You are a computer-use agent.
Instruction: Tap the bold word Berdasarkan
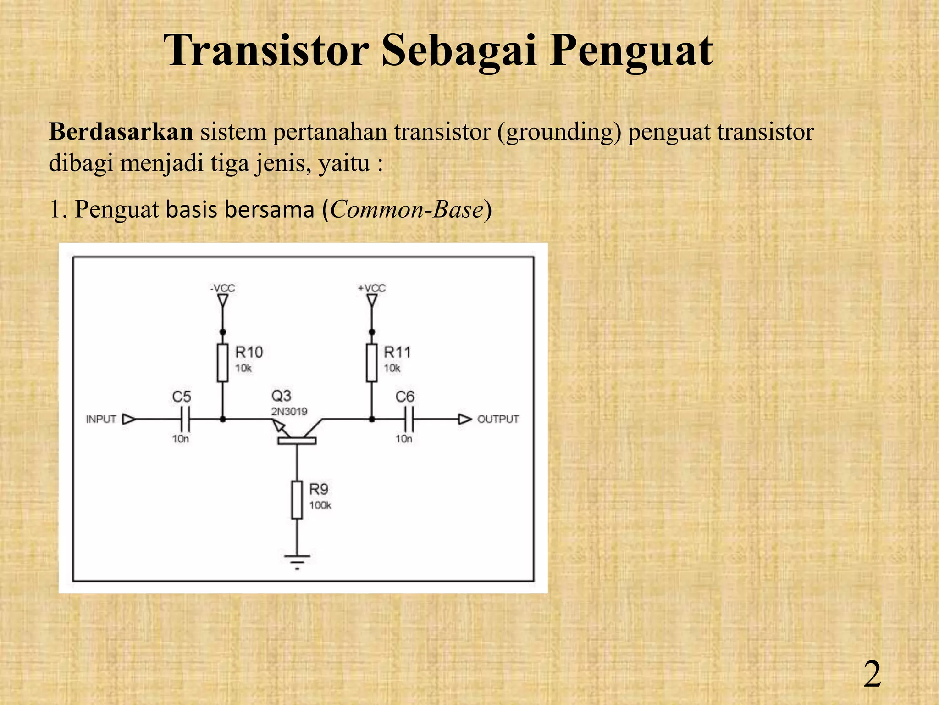pyautogui.click(x=121, y=132)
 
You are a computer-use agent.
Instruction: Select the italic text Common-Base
pyautogui.click(x=407, y=209)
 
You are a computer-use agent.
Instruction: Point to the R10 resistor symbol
pyautogui.click(x=222, y=363)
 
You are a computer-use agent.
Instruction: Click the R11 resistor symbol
pyautogui.click(x=372, y=363)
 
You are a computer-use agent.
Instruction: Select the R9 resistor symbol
pyautogui.click(x=297, y=500)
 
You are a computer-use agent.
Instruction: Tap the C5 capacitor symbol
pyautogui.click(x=185, y=419)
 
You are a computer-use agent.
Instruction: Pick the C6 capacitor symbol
pyautogui.click(x=409, y=419)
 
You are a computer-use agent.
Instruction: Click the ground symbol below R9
pyautogui.click(x=297, y=561)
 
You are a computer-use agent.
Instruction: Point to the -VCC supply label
pyautogui.click(x=222, y=288)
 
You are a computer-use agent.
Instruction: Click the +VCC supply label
pyautogui.click(x=372, y=288)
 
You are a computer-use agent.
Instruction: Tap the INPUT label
pyautogui.click(x=101, y=419)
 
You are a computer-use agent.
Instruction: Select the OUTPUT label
pyautogui.click(x=498, y=419)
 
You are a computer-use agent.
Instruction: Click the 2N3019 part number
pyautogui.click(x=289, y=411)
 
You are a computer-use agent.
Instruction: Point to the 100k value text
pyautogui.click(x=320, y=505)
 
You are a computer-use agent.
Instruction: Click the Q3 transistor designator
pyautogui.click(x=281, y=396)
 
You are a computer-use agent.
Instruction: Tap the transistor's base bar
pyautogui.click(x=297, y=441)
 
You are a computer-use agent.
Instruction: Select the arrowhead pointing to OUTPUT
pyautogui.click(x=465, y=419)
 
